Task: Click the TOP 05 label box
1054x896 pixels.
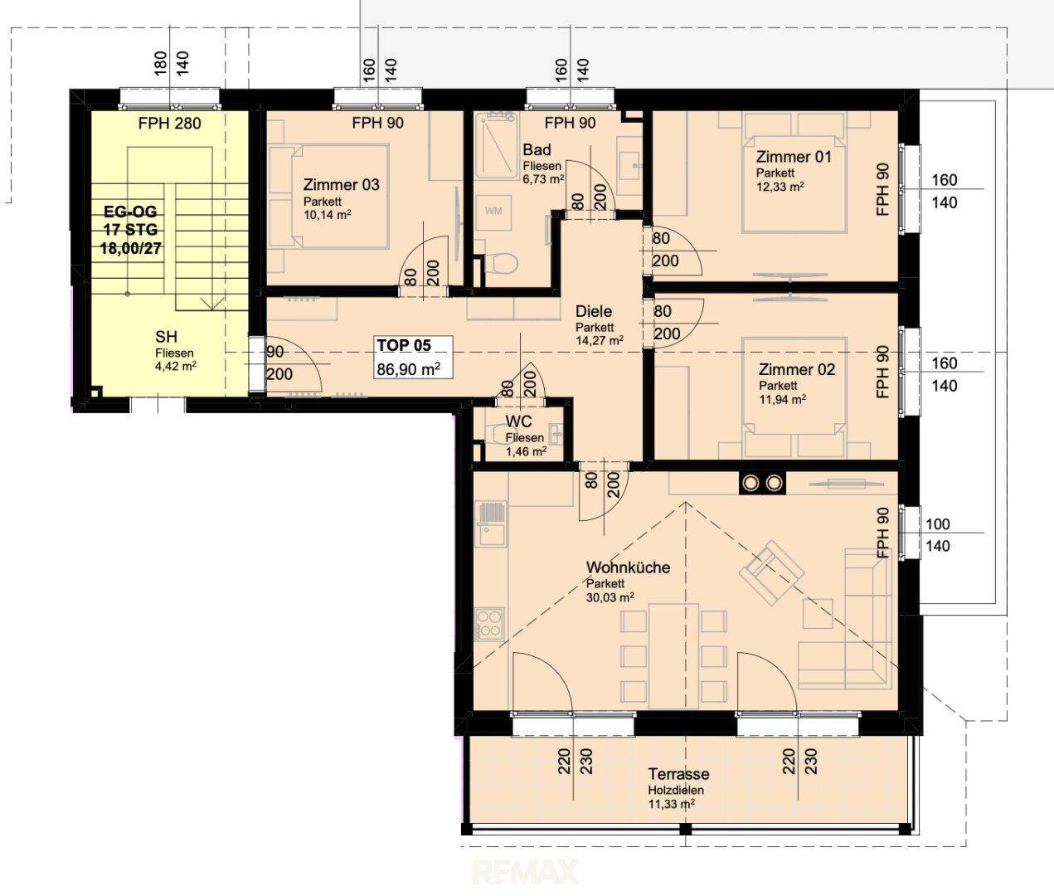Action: tap(414, 357)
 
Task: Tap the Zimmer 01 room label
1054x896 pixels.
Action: tap(794, 157)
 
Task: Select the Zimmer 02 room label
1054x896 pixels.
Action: tap(796, 369)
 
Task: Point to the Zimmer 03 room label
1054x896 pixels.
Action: tap(341, 185)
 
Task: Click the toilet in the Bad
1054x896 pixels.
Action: tap(500, 264)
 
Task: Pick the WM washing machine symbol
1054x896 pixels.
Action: tap(493, 211)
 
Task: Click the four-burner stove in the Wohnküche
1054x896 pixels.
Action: tap(489, 624)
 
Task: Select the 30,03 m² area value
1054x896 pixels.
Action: tap(610, 597)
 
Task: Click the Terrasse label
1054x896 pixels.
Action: tap(678, 774)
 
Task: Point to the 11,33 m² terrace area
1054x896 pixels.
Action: tap(672, 805)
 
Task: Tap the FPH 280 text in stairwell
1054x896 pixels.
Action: tap(169, 124)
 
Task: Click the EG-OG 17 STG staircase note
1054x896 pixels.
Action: tap(130, 221)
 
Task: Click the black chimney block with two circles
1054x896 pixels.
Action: tap(762, 483)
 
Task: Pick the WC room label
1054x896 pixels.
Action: tap(518, 421)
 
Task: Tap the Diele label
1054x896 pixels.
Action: tap(594, 311)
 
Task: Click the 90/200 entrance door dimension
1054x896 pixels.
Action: tap(279, 363)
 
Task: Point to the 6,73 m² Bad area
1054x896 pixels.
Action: tap(543, 179)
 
